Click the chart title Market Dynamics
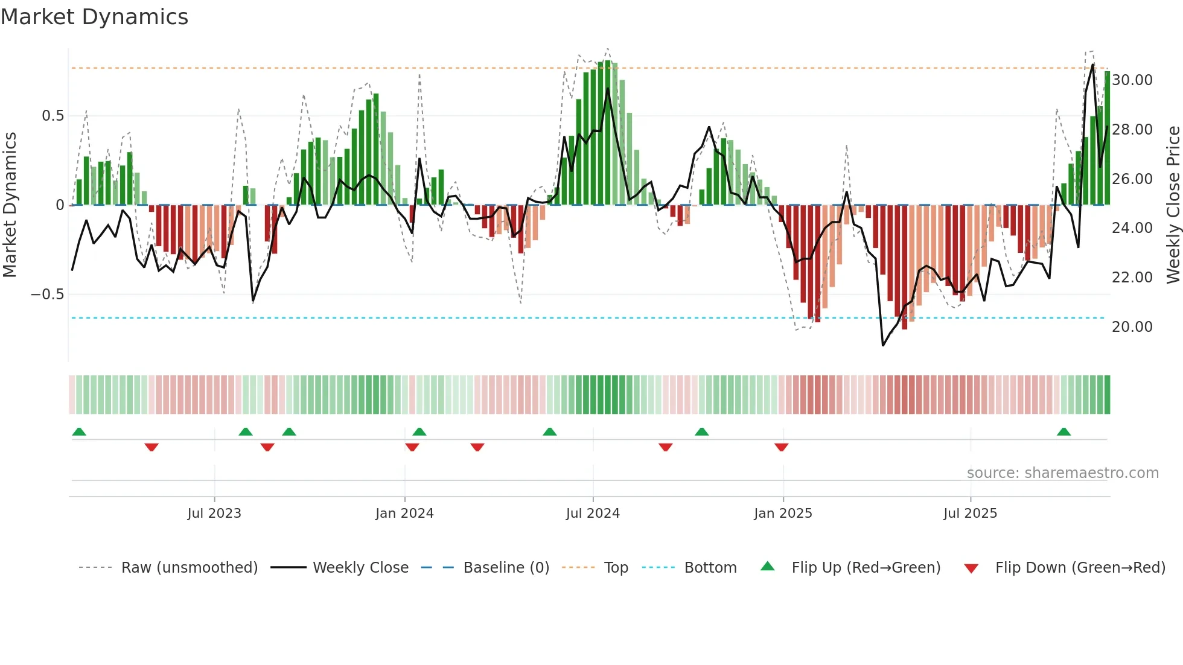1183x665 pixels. tap(94, 17)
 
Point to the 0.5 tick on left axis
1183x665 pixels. tap(53, 116)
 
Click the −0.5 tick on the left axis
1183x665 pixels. tap(47, 294)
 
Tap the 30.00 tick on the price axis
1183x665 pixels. tap(1132, 80)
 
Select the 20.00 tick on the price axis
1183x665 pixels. tap(1132, 327)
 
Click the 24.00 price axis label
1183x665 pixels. tap(1132, 228)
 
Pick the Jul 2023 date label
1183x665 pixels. tap(214, 514)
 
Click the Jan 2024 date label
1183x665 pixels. tap(404, 514)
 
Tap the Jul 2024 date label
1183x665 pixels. tap(593, 514)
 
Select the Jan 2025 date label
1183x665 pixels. tap(783, 514)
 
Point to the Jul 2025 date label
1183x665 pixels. tap(970, 514)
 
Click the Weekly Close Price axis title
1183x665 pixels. tap(1173, 205)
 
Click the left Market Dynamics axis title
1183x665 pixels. tap(10, 205)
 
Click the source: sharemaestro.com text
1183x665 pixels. tap(1062, 473)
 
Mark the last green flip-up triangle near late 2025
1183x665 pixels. tap(1063, 432)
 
